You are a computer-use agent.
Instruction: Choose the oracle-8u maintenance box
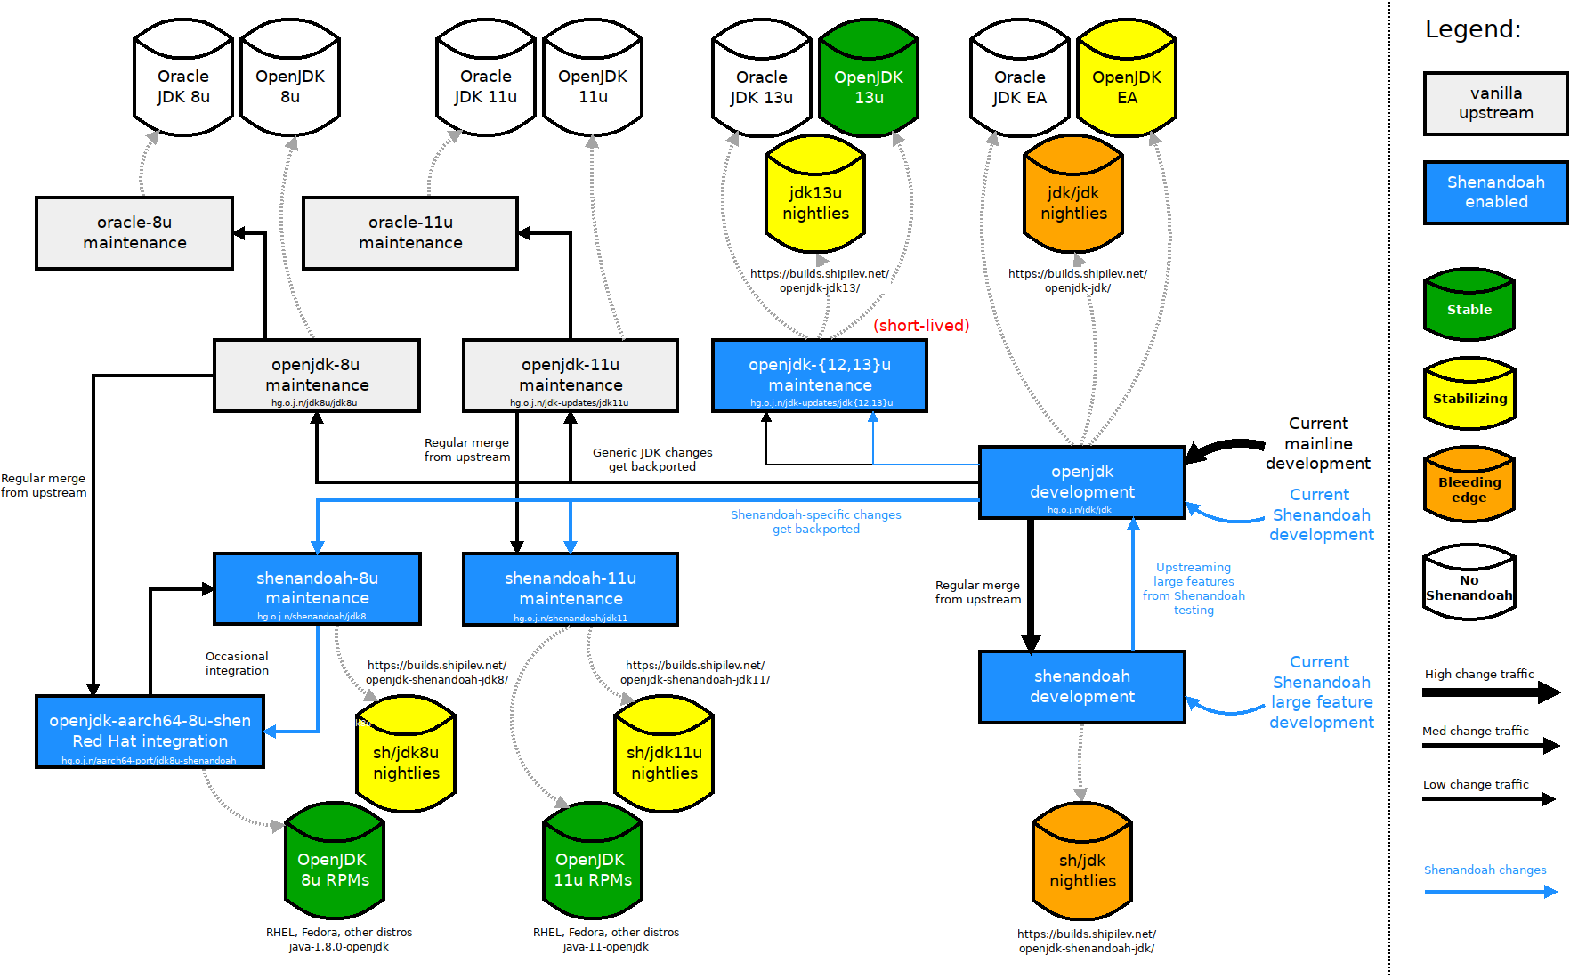point(134,232)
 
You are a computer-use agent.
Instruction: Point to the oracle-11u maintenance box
point(410,232)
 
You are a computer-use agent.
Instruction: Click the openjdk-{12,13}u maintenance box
point(820,376)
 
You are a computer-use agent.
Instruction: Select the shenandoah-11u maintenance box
point(571,589)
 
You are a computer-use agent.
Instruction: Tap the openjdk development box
point(1082,482)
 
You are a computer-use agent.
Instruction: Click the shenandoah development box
point(1082,686)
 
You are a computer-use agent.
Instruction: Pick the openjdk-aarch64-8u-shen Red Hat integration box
point(150,732)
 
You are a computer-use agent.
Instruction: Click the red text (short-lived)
point(921,326)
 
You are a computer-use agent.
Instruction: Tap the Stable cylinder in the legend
point(1469,306)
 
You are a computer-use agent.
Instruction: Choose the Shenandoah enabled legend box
point(1496,192)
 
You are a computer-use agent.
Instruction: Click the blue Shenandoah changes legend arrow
point(1490,891)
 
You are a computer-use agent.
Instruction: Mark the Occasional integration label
point(237,664)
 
